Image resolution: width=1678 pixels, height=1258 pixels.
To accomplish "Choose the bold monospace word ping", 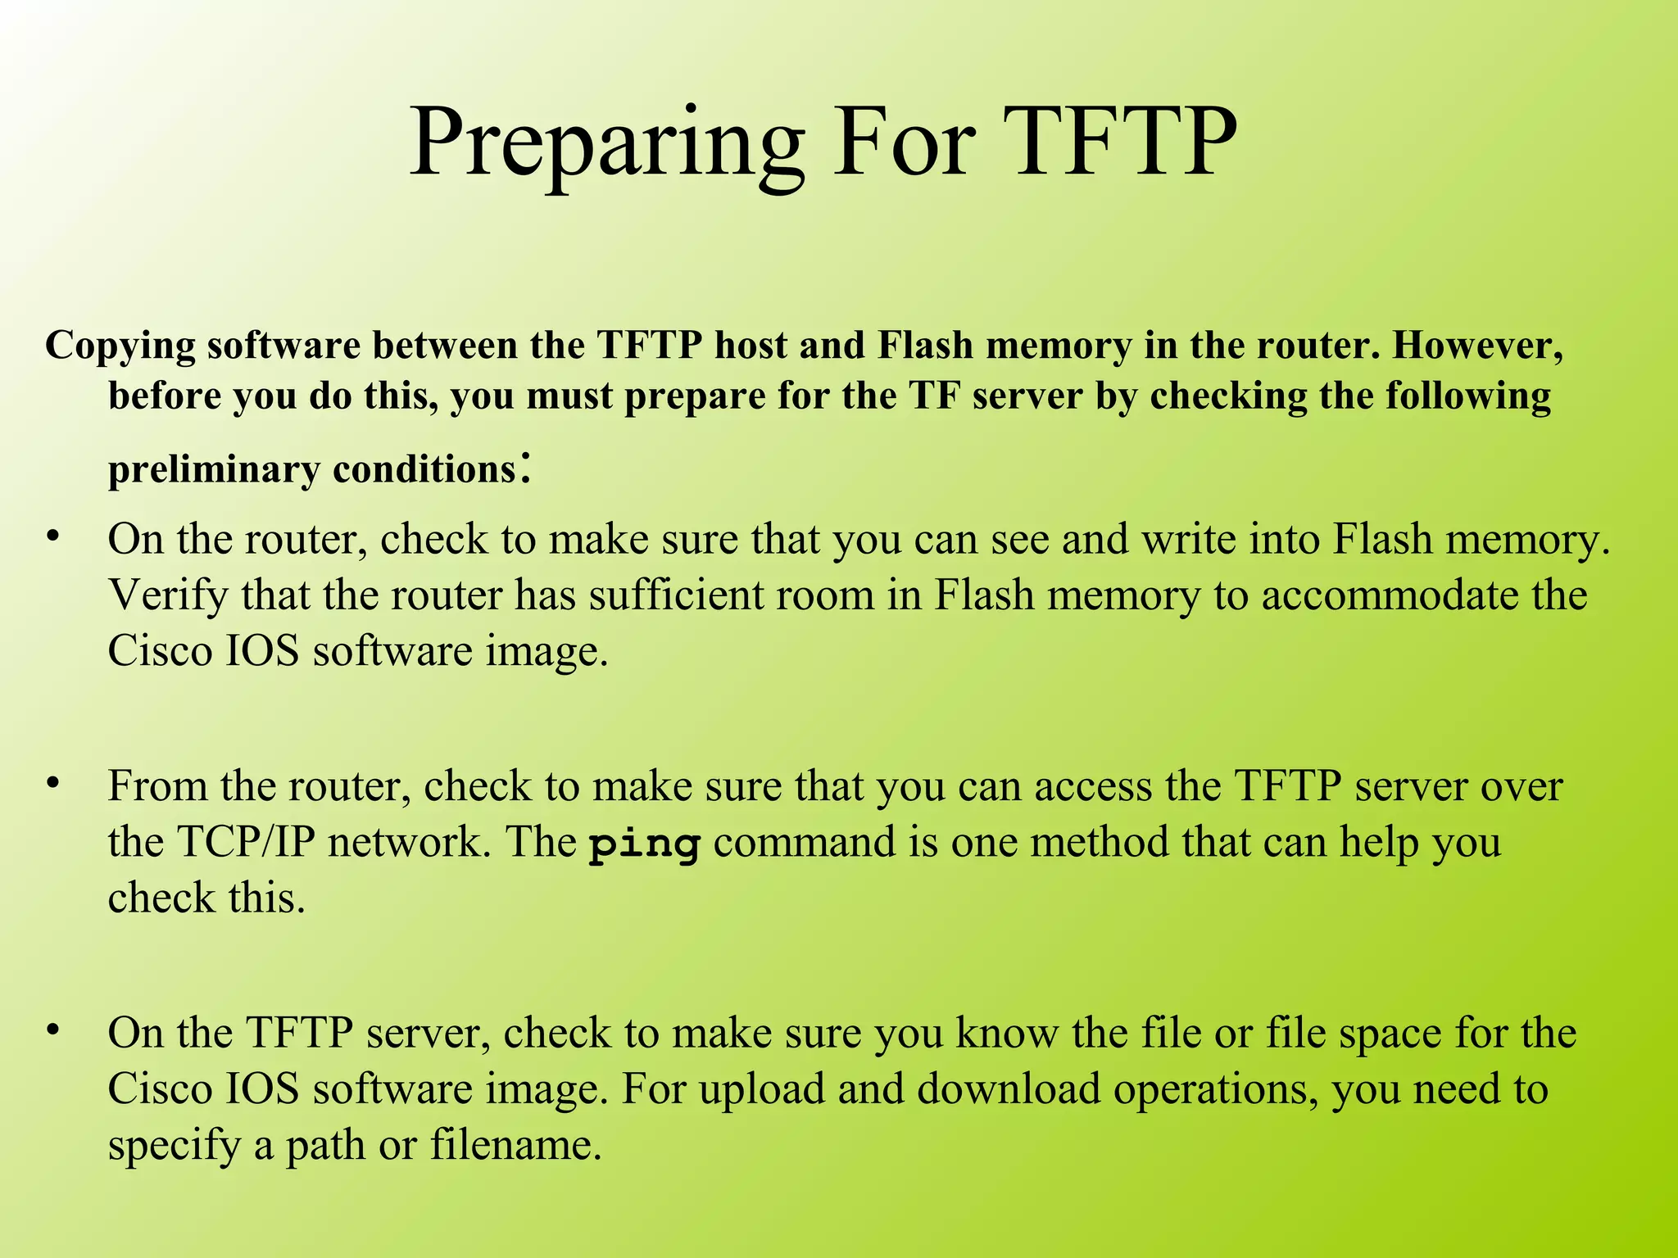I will tap(644, 844).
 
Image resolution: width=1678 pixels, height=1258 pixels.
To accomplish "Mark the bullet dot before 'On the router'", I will tap(53, 536).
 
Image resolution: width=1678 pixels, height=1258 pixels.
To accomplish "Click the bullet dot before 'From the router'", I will tap(53, 784).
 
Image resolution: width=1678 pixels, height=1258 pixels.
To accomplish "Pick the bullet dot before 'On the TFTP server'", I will tap(53, 1030).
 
